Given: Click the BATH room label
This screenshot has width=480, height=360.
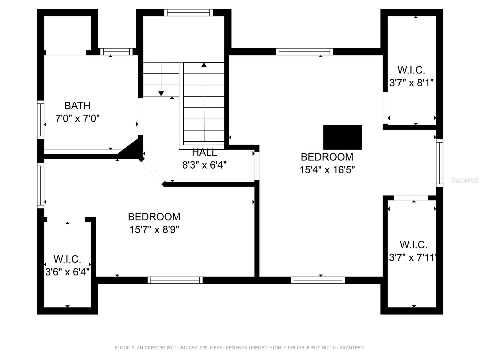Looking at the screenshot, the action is pyautogui.click(x=77, y=106).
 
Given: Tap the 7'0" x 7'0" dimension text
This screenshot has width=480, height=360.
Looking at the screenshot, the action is pyautogui.click(x=77, y=119).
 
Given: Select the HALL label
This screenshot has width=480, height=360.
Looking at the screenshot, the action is pyautogui.click(x=205, y=152).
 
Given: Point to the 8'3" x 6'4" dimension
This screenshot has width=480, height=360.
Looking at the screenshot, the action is pyautogui.click(x=205, y=165).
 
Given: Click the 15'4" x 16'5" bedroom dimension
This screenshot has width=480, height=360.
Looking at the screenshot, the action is pyautogui.click(x=327, y=170).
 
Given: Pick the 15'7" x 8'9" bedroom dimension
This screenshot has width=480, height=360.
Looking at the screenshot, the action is pyautogui.click(x=154, y=230).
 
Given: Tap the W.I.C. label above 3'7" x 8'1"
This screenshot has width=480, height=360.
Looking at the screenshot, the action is pyautogui.click(x=411, y=70).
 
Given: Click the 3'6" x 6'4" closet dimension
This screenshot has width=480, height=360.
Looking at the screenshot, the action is pyautogui.click(x=67, y=272).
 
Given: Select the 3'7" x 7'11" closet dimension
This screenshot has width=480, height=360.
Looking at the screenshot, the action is pyautogui.click(x=413, y=258).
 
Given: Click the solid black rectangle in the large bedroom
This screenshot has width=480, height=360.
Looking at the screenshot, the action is pyautogui.click(x=343, y=137).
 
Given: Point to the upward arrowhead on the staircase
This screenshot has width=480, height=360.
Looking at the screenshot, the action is pyautogui.click(x=204, y=65).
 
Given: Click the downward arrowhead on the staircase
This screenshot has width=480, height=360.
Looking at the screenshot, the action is pyautogui.click(x=161, y=94).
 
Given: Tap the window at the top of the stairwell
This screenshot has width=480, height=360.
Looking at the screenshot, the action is pyautogui.click(x=188, y=13).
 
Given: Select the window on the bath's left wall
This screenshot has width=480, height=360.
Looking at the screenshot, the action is pyautogui.click(x=41, y=120).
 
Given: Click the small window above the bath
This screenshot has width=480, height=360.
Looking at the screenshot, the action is pyautogui.click(x=116, y=52).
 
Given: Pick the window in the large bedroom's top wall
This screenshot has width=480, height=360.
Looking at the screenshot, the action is pyautogui.click(x=304, y=52).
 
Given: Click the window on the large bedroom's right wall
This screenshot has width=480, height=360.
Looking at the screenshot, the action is pyautogui.click(x=440, y=163).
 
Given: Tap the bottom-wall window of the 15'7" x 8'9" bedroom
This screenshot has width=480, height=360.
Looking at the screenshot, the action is pyautogui.click(x=175, y=280).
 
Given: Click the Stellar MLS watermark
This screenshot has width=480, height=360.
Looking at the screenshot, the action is pyautogui.click(x=465, y=180).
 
